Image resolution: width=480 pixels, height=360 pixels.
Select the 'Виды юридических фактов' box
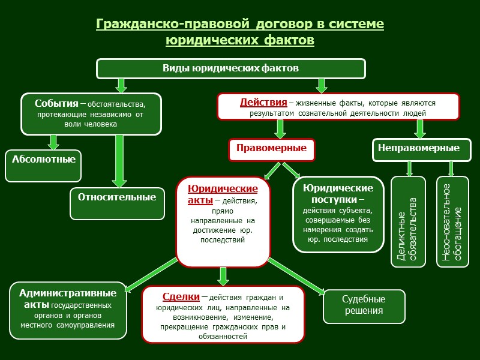tap(231, 68)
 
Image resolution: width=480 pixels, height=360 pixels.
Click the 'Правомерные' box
tap(271, 148)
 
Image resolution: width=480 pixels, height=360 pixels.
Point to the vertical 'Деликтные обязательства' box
tap(408, 221)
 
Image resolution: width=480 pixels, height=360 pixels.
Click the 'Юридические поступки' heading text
tap(338, 193)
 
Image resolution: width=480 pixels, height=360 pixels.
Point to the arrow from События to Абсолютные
tap(53, 142)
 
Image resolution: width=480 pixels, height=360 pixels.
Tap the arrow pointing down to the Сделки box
tap(223, 276)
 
